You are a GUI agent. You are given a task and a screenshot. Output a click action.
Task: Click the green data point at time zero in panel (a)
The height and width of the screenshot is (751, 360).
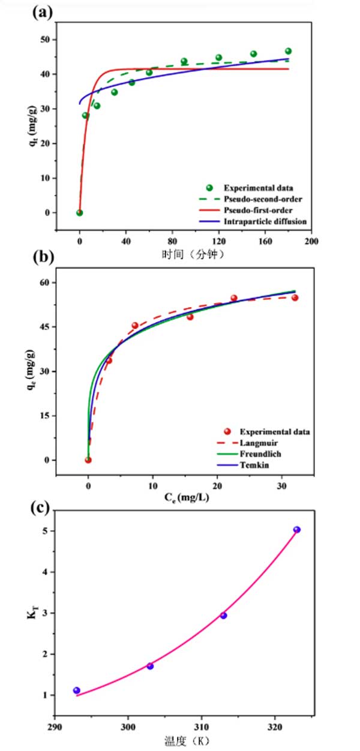pos(79,212)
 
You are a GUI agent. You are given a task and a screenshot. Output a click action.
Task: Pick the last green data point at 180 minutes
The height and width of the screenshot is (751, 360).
pos(288,51)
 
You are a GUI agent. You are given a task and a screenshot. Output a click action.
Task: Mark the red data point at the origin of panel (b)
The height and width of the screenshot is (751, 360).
pos(88,460)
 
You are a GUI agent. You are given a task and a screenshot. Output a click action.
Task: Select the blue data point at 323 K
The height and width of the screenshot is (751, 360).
pos(296,530)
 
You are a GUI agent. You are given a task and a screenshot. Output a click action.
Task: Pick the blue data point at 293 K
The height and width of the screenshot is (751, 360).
pos(76,690)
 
